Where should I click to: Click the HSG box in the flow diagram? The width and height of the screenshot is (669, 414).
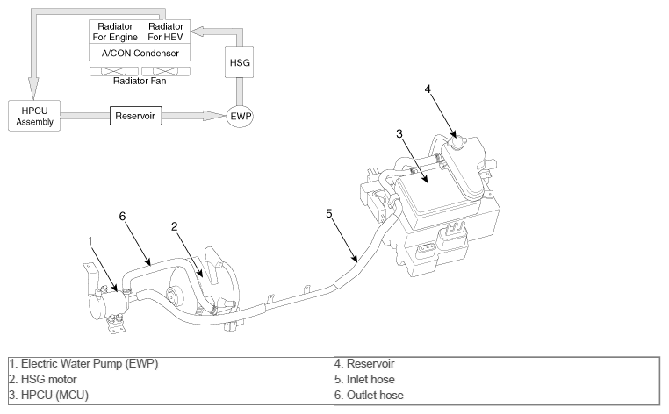(x=240, y=62)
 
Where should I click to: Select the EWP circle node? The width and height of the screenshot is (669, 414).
(x=240, y=116)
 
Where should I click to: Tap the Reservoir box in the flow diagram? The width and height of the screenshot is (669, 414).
(x=136, y=116)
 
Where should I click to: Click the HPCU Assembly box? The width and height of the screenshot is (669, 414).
(x=34, y=116)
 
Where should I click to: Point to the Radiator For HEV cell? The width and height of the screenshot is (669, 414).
(x=165, y=32)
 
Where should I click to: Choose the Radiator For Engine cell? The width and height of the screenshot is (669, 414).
(x=115, y=32)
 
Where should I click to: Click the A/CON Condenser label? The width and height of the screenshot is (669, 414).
(x=140, y=53)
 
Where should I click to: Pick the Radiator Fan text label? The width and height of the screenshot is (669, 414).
(x=140, y=81)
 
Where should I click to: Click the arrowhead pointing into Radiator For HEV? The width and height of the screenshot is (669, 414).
(x=198, y=32)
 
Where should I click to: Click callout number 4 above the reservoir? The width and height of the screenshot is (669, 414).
(x=428, y=89)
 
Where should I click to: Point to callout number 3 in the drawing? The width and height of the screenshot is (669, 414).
(x=399, y=134)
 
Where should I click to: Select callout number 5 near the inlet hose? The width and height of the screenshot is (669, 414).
(x=329, y=214)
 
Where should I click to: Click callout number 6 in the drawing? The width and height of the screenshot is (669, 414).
(x=122, y=217)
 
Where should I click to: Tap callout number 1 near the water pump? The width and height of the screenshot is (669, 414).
(x=90, y=241)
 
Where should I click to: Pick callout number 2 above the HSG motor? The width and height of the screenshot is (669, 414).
(x=174, y=227)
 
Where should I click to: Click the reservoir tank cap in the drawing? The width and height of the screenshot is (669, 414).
(x=457, y=141)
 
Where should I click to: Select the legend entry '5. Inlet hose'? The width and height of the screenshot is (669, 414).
(x=364, y=380)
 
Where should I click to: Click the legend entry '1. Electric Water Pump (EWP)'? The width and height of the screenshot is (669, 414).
(x=83, y=364)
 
